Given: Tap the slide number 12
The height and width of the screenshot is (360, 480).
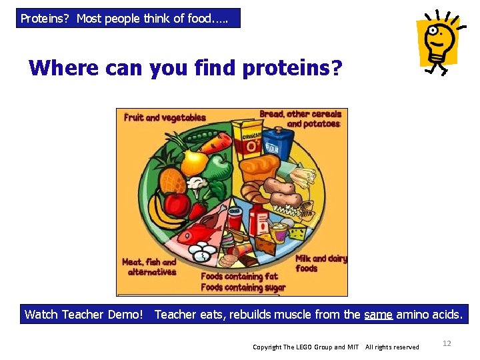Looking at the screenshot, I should pyautogui.click(x=447, y=343).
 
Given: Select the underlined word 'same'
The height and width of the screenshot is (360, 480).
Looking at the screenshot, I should pyautogui.click(x=378, y=314).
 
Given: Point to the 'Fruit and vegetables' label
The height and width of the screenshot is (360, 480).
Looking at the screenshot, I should pyautogui.click(x=165, y=117).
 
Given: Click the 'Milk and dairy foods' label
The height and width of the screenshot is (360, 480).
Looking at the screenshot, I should pyautogui.click(x=321, y=263).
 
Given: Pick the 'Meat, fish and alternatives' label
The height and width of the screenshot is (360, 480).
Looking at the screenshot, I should pyautogui.click(x=150, y=267).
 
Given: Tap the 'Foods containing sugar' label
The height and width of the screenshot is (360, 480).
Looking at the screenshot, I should pyautogui.click(x=243, y=288).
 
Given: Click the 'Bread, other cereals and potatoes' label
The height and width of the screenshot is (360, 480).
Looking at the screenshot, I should pyautogui.click(x=301, y=119).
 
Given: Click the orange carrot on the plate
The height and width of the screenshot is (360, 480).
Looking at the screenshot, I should pyautogui.click(x=216, y=142).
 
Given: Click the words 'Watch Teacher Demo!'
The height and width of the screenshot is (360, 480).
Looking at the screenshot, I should pyautogui.click(x=84, y=314).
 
